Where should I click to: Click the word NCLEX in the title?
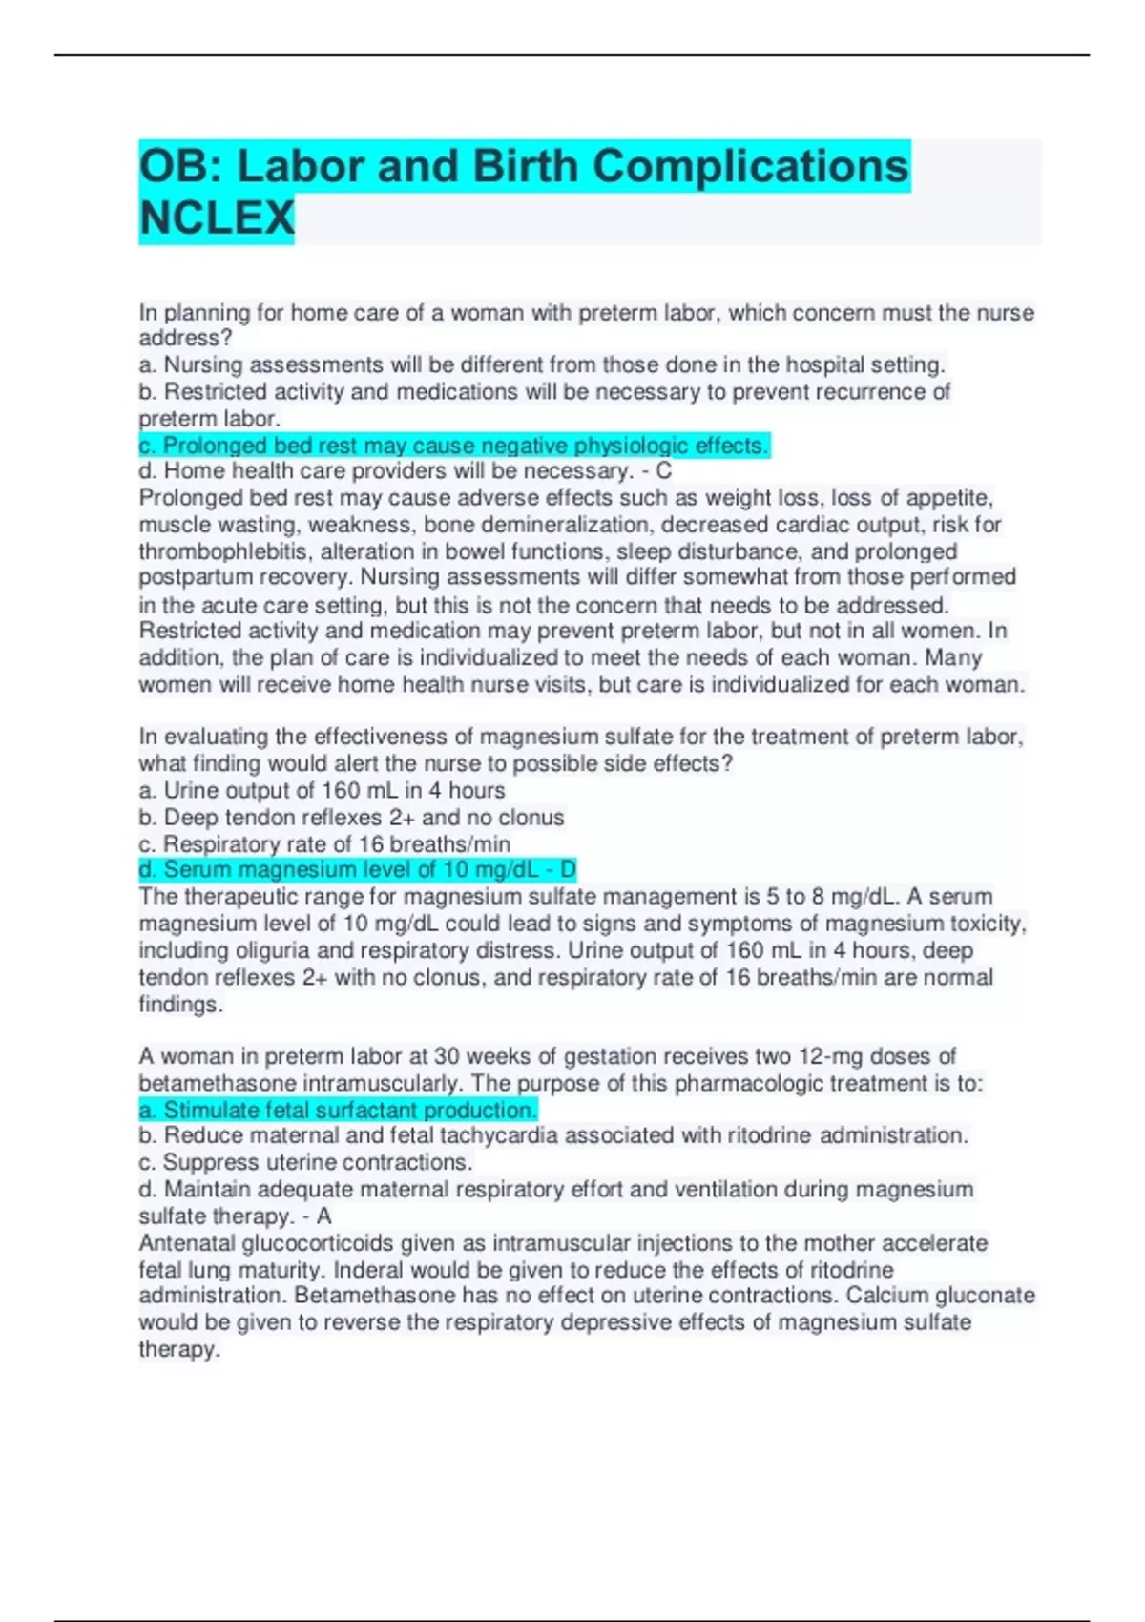point(217,218)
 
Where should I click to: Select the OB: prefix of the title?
point(181,166)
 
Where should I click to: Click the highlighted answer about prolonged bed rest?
point(453,446)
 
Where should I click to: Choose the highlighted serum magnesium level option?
point(357,869)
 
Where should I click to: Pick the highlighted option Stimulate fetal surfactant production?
point(338,1110)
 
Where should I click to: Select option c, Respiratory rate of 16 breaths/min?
point(324,844)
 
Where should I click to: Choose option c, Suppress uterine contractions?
point(305,1162)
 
